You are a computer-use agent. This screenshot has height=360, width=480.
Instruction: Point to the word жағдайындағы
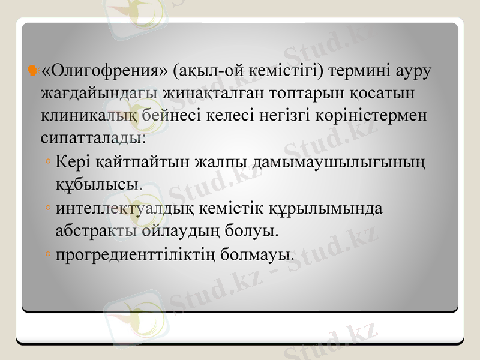click(99, 94)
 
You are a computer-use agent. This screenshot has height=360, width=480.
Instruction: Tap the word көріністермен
click(370, 115)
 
